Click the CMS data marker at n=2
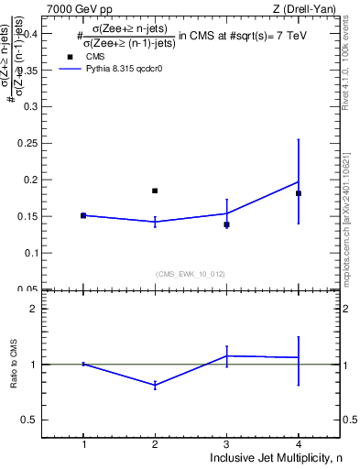[x=155, y=191]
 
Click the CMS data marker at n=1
[x=83, y=215]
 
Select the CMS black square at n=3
[x=226, y=224]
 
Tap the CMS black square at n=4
[x=299, y=193]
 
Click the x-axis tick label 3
[x=226, y=444]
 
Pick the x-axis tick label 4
[x=299, y=444]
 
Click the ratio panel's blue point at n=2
[x=155, y=386]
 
